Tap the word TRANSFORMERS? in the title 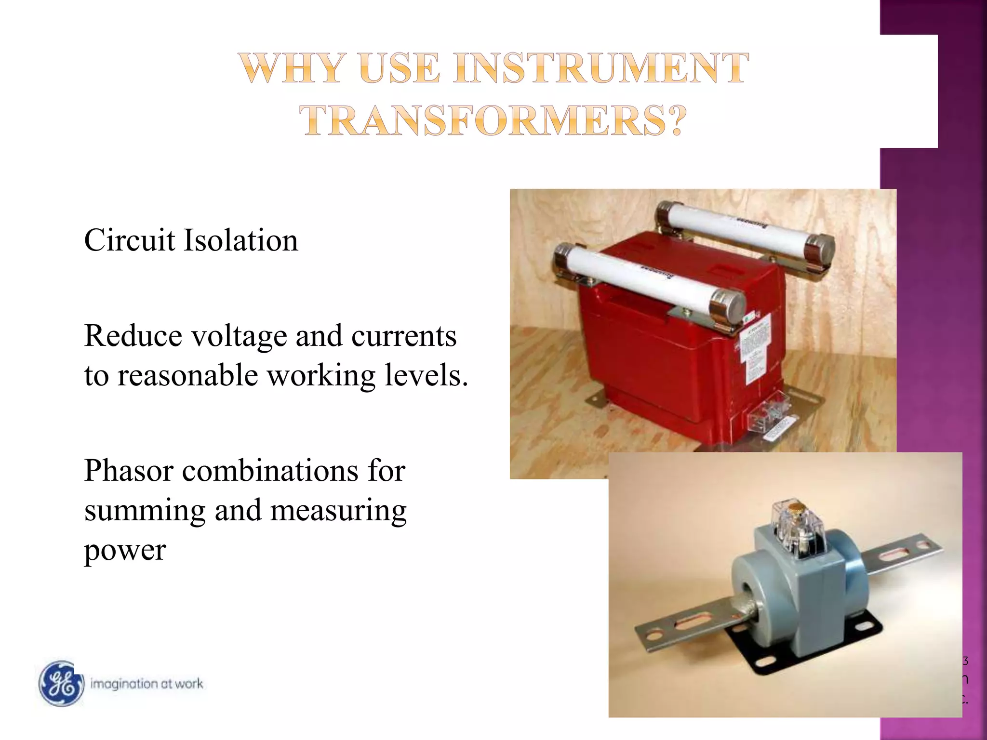(493, 120)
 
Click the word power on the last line (125, 551)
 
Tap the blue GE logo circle (61, 684)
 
